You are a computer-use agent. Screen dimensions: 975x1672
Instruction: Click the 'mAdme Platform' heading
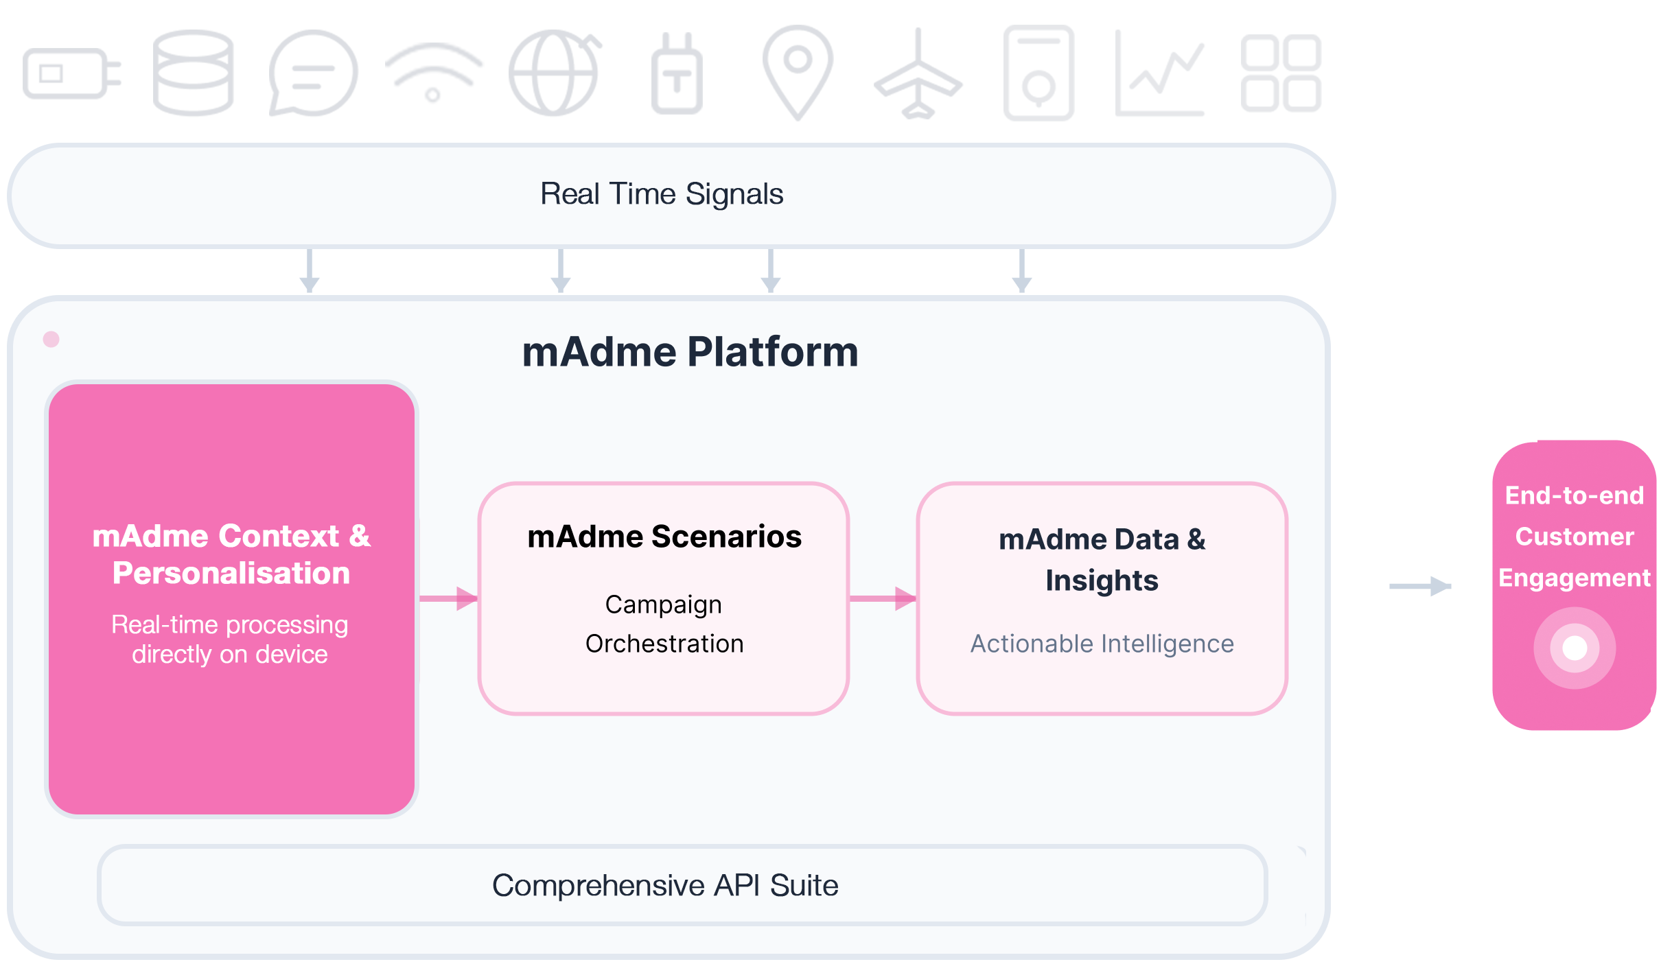(690, 352)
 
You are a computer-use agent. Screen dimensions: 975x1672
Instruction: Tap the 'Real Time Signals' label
(662, 194)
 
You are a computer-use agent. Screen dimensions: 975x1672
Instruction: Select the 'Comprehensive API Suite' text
(665, 885)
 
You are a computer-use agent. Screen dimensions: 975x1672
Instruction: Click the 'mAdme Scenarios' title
(664, 537)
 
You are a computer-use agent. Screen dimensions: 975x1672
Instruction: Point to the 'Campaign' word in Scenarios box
(663, 604)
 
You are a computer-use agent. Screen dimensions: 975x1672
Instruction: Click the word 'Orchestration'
(664, 644)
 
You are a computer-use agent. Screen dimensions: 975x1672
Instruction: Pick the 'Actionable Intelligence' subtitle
(1102, 644)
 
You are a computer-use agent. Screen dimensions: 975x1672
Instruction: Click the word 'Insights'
(1102, 580)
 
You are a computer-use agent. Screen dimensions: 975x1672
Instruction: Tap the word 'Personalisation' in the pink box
(231, 573)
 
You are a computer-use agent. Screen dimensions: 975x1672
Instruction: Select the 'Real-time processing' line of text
(230, 624)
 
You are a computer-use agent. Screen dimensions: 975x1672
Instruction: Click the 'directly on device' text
(230, 655)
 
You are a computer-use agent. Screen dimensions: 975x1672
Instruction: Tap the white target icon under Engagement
(1575, 648)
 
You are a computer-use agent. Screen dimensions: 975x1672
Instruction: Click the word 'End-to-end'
(1575, 495)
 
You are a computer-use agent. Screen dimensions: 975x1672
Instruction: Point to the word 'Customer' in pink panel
(1575, 537)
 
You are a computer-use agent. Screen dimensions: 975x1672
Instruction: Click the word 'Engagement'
(1575, 578)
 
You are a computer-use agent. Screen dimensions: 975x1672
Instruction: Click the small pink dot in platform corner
(51, 339)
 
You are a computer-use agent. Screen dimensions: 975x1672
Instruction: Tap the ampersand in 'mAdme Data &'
(1196, 539)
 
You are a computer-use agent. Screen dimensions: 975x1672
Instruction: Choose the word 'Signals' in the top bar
(734, 194)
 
